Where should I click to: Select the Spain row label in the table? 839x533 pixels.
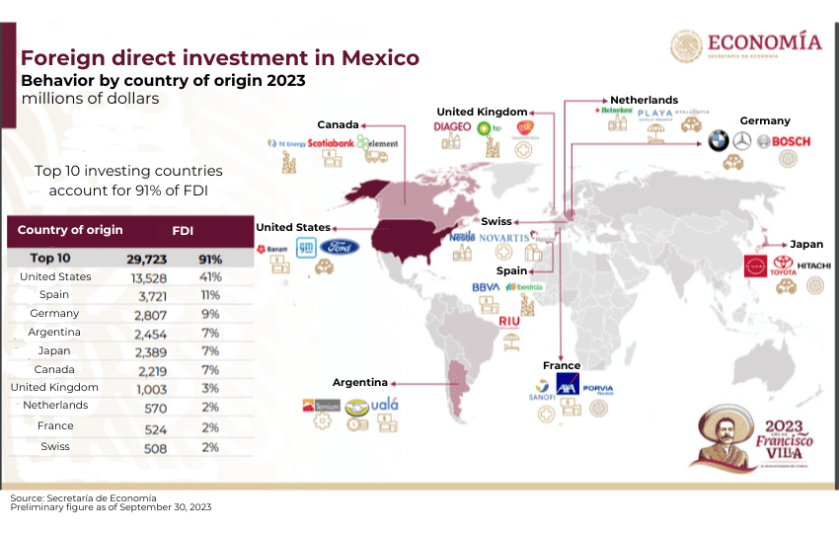point(54,294)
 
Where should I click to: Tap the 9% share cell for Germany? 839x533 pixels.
point(209,313)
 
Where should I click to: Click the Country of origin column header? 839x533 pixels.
point(70,230)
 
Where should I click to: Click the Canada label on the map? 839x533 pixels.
point(338,124)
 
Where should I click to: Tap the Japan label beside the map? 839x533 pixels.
point(806,244)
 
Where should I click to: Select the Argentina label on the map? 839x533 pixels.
point(358,382)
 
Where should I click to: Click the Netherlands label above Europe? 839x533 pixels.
point(644,101)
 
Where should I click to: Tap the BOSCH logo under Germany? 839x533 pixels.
point(791,141)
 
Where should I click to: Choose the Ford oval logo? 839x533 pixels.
point(339,247)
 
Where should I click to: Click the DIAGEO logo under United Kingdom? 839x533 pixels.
point(453,127)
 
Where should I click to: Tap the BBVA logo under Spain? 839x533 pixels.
point(486,287)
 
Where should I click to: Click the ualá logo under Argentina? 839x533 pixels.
point(383,405)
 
